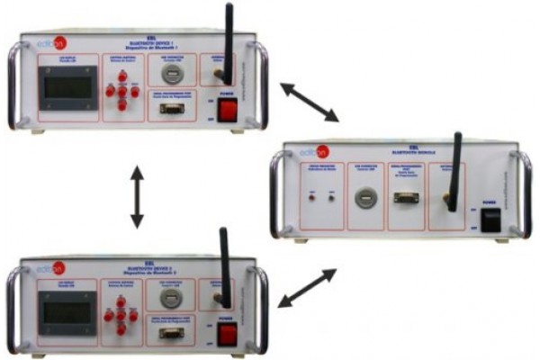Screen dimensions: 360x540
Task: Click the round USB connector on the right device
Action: click(x=364, y=196)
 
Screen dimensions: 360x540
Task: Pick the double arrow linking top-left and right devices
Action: click(x=309, y=102)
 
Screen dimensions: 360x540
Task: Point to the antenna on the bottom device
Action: click(x=224, y=265)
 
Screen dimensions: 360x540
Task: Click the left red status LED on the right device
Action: click(x=311, y=196)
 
